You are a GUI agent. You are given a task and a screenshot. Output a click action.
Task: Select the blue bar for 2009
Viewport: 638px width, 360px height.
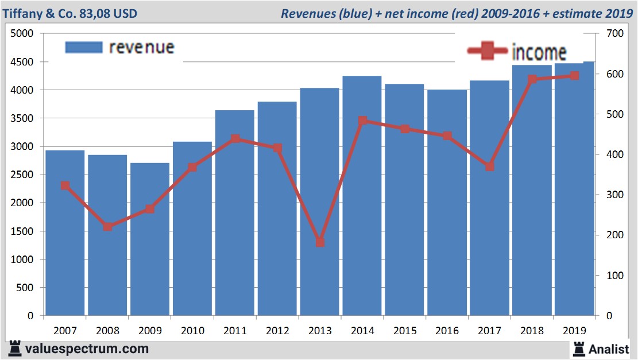pos(149,241)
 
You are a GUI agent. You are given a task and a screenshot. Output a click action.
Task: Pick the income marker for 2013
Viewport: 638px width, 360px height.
pos(320,242)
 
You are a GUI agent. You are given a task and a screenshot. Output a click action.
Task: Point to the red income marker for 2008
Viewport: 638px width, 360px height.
pos(107,227)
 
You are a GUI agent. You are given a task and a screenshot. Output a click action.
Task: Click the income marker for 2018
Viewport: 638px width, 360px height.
pos(532,79)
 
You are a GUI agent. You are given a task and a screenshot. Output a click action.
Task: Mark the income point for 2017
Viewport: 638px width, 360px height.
pos(490,167)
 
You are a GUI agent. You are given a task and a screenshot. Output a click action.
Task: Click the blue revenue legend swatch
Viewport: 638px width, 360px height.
pos(84,47)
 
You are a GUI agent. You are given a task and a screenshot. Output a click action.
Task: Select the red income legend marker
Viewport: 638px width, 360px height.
pos(488,51)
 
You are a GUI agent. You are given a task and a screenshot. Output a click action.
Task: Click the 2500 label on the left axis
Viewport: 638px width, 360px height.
pos(23,175)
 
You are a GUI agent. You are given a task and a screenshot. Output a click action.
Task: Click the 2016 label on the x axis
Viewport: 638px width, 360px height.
pos(447,331)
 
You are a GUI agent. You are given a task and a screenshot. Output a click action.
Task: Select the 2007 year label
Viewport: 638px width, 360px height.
pos(65,331)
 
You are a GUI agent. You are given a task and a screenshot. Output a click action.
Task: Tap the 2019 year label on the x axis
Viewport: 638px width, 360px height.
pos(575,331)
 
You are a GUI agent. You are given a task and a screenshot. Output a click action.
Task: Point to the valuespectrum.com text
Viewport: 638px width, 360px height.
pos(87,348)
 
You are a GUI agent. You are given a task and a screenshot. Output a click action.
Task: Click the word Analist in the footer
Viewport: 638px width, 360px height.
pos(609,348)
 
